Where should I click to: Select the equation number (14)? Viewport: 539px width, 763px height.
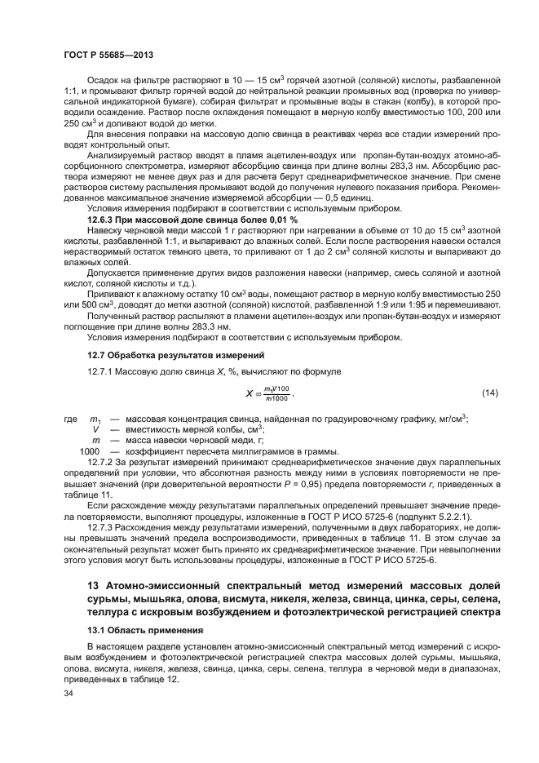(x=489, y=394)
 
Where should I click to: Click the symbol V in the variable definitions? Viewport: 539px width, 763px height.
(x=96, y=428)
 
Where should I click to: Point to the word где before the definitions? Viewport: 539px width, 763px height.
(x=71, y=418)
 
